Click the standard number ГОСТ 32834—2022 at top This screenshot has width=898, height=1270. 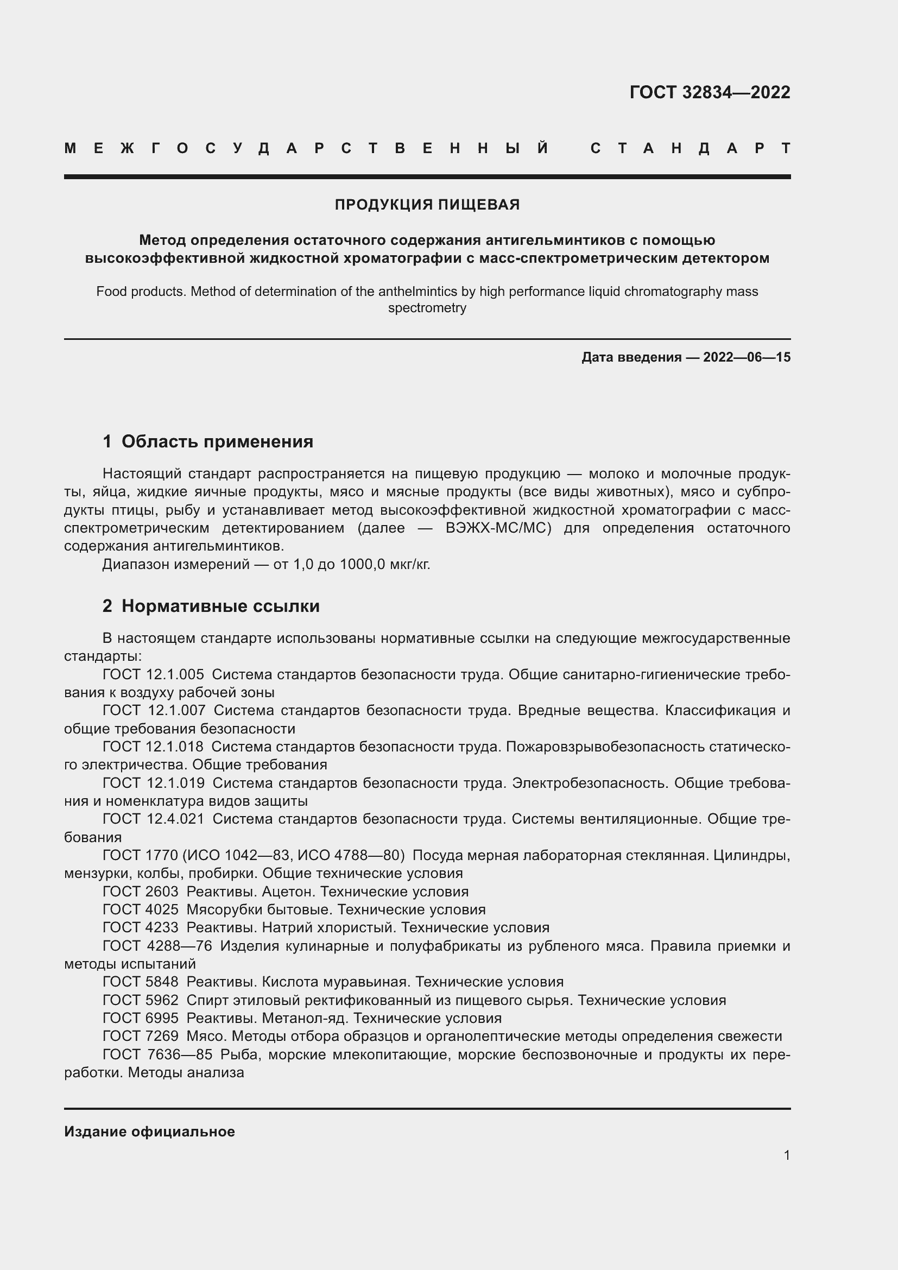pyautogui.click(x=710, y=92)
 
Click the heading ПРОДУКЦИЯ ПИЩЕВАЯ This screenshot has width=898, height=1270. pyautogui.click(x=427, y=205)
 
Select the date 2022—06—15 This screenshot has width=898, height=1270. pyautogui.click(x=747, y=357)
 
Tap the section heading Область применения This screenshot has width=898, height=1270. pyautogui.click(x=217, y=441)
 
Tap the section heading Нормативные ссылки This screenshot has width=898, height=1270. pyautogui.click(x=220, y=606)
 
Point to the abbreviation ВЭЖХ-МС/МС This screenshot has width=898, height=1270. pyautogui.click(x=498, y=528)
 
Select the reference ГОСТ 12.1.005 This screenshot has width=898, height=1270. pyautogui.click(x=153, y=675)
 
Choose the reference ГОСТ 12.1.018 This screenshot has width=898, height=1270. pyautogui.click(x=153, y=747)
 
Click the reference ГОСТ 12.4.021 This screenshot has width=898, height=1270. pyautogui.click(x=153, y=819)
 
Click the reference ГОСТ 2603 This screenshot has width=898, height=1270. pyautogui.click(x=141, y=892)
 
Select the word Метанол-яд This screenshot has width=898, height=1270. pyautogui.click(x=305, y=1018)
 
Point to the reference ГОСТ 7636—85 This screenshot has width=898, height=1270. pyautogui.click(x=157, y=1054)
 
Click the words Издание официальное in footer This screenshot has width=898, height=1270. pyautogui.click(x=149, y=1132)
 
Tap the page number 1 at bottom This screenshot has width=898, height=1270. pyautogui.click(x=786, y=1155)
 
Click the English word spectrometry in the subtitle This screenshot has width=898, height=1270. pyautogui.click(x=427, y=308)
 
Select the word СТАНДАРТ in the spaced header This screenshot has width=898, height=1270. pyautogui.click(x=690, y=148)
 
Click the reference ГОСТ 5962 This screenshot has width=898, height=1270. pyautogui.click(x=141, y=1000)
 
